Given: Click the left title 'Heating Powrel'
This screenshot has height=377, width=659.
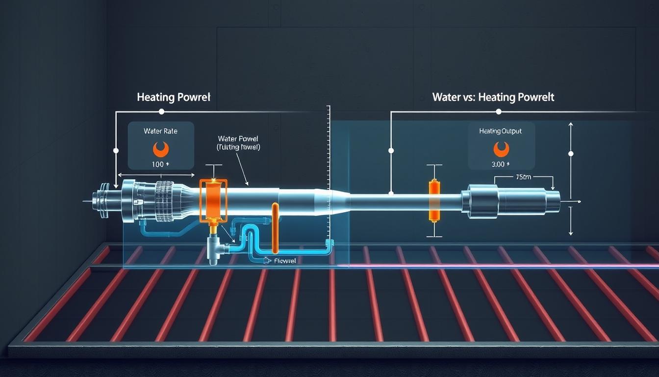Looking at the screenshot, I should point(173,97).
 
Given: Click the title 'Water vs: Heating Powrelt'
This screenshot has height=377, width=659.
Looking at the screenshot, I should point(493,97).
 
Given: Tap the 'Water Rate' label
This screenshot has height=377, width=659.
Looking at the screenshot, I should point(160,131).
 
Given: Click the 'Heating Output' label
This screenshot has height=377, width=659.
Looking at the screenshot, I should point(501,131).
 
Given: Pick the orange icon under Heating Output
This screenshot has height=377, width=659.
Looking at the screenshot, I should point(501,148).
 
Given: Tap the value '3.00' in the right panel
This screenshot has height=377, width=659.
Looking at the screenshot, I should point(500,164).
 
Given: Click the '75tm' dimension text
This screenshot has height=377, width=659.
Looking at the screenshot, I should point(523,177).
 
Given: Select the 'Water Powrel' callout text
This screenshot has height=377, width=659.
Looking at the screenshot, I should point(238,139).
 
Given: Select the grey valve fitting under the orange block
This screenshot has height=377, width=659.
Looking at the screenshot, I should point(215,248).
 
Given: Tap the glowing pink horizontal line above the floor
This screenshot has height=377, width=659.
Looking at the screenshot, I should point(490,266).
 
